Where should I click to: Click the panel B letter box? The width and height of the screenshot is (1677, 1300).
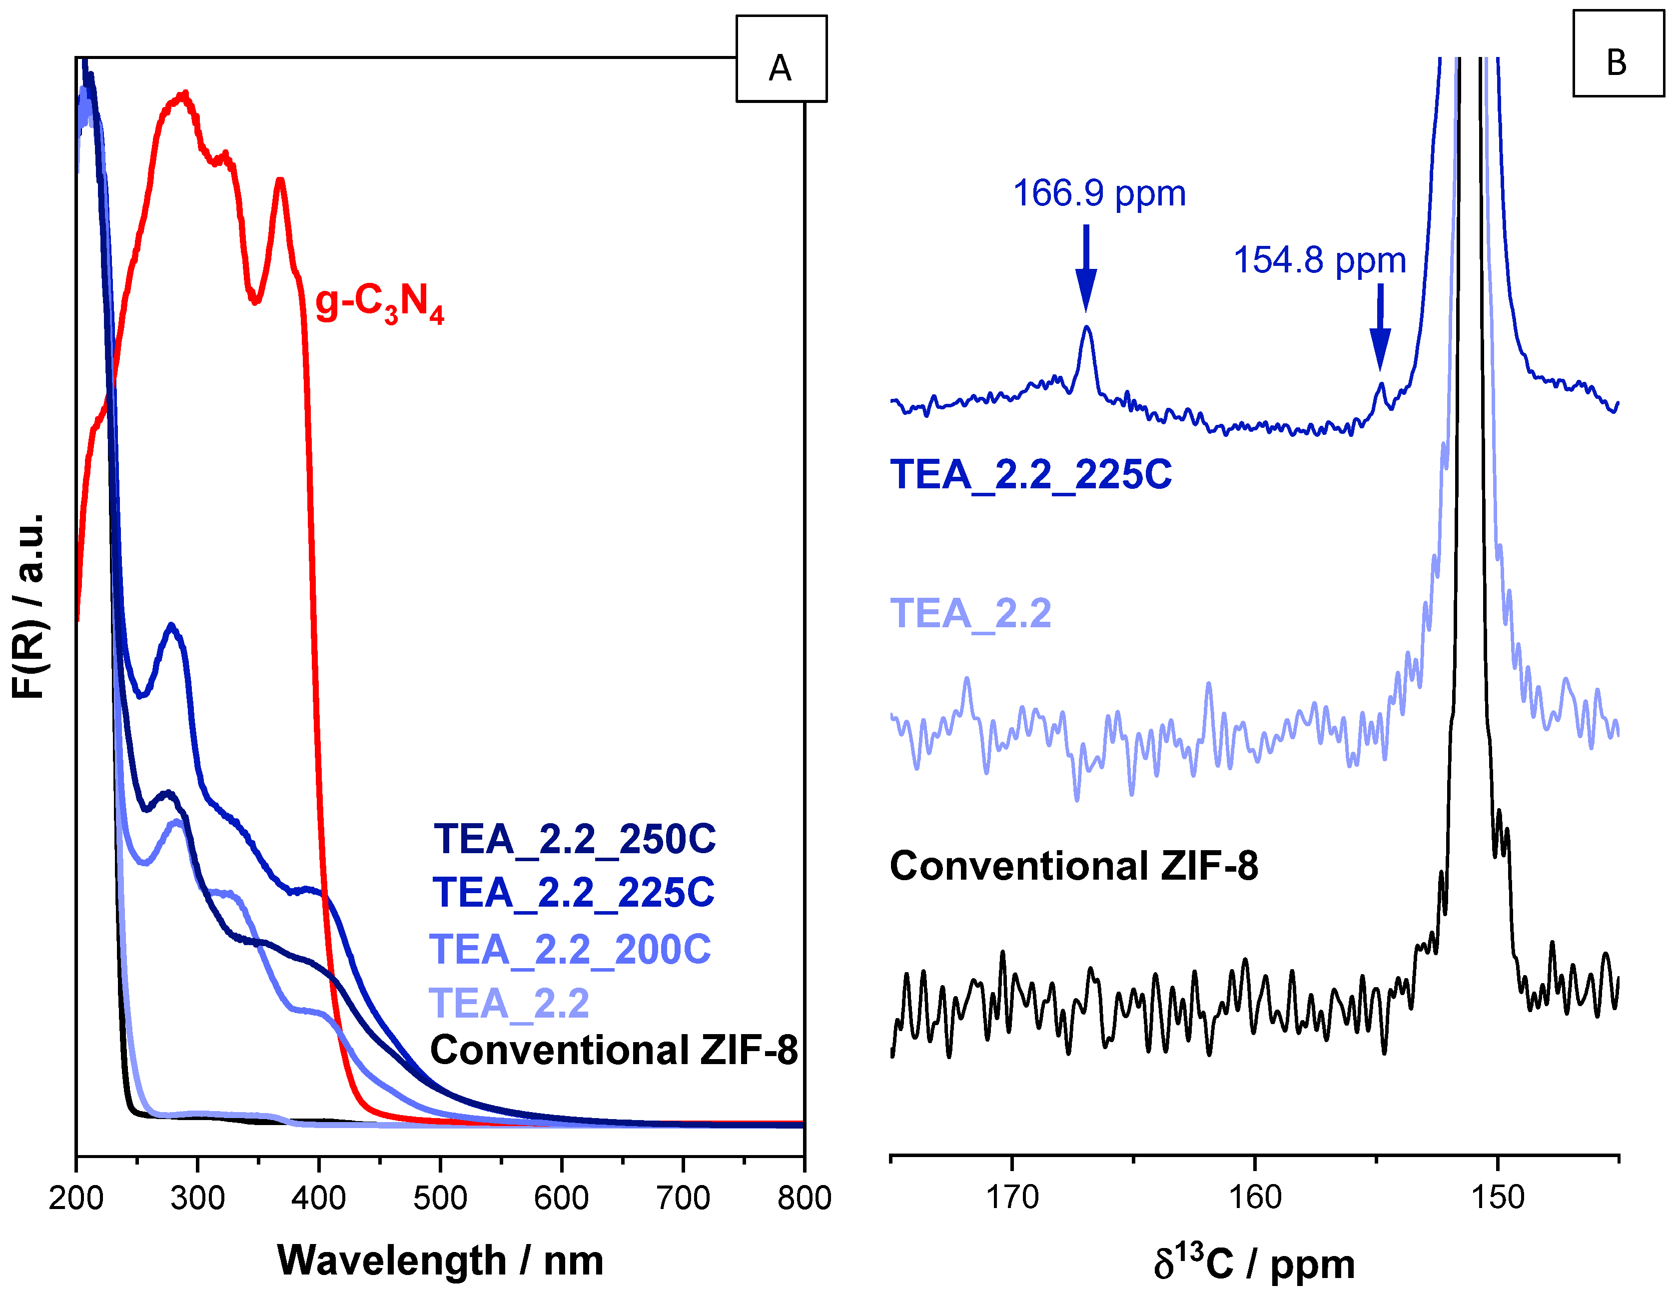[1618, 54]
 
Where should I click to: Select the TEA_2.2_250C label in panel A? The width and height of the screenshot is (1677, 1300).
[574, 839]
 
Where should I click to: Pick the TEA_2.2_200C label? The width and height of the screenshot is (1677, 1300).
[570, 950]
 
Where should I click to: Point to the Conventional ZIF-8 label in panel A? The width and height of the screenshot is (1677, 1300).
[614, 1050]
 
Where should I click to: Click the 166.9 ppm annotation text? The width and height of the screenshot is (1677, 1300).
[1099, 193]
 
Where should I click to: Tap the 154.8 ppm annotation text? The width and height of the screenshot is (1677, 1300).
[1319, 261]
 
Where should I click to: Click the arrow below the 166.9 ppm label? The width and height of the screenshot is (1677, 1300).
[1086, 269]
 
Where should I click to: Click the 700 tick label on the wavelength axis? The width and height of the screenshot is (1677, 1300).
[683, 1199]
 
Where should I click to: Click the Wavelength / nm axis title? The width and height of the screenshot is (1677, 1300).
[440, 1260]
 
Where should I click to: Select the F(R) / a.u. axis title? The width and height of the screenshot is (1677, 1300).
[29, 607]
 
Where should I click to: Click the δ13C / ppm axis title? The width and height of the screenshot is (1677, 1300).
[1254, 1263]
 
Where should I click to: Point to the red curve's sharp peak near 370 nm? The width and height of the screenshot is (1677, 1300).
[280, 181]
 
